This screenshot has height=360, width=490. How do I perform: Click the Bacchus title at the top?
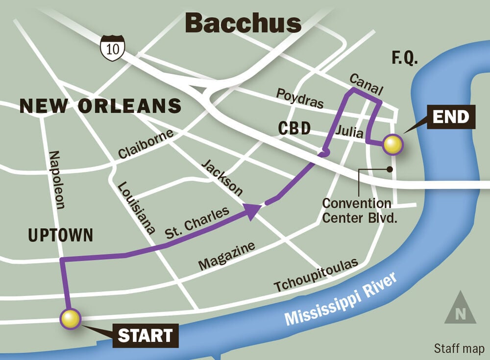(x=244, y=23)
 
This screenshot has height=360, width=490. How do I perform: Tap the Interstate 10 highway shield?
(x=112, y=48)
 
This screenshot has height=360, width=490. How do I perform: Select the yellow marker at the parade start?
(x=71, y=318)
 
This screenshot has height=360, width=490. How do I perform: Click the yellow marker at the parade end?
(x=392, y=144)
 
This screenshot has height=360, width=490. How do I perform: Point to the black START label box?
(x=145, y=336)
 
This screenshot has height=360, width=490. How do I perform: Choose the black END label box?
(x=451, y=118)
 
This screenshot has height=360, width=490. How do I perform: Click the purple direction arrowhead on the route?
(x=252, y=211)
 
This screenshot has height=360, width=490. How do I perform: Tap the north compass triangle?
(x=460, y=308)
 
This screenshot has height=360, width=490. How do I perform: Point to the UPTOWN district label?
(x=60, y=236)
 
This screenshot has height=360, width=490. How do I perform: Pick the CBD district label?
(x=294, y=128)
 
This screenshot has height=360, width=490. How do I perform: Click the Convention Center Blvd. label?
(x=357, y=210)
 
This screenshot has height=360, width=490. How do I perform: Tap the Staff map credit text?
(x=459, y=348)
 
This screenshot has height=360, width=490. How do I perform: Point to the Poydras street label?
(x=300, y=98)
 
